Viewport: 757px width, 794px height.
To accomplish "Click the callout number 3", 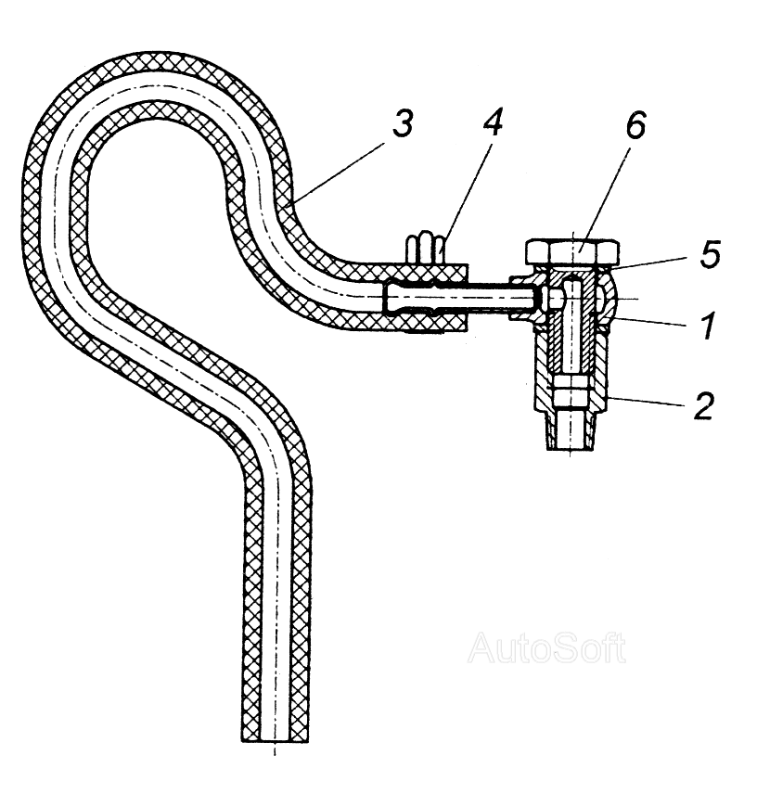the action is (403, 123).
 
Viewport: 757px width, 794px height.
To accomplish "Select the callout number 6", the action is (635, 124).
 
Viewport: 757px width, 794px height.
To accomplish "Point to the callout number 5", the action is (709, 254).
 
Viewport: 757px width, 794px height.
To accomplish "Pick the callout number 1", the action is (708, 326).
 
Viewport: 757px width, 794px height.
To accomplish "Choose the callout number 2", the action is (703, 404).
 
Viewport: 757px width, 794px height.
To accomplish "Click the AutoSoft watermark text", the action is (546, 647).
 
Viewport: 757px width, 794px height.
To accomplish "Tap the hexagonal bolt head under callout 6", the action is (572, 251).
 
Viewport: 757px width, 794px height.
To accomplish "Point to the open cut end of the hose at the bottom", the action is (275, 742).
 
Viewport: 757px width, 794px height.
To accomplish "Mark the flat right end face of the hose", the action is (468, 299).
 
